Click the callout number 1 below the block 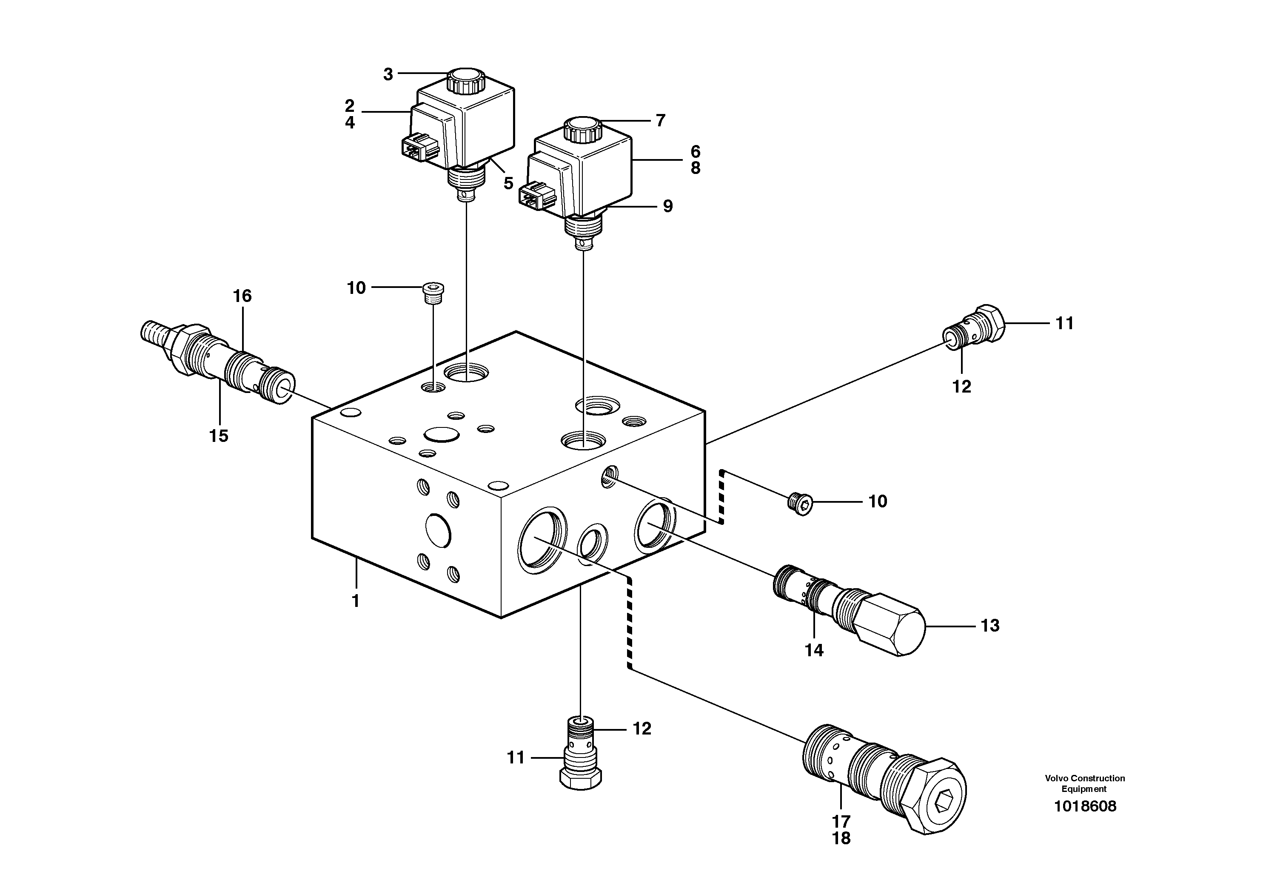(356, 601)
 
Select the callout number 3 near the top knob (388, 74)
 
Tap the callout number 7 (661, 120)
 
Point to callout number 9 (668, 206)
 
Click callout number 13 (990, 626)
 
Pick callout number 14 (814, 650)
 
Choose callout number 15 (219, 436)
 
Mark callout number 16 (242, 296)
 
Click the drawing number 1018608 (1085, 806)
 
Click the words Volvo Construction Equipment (1085, 783)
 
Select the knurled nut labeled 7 (583, 130)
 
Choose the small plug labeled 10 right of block (799, 504)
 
